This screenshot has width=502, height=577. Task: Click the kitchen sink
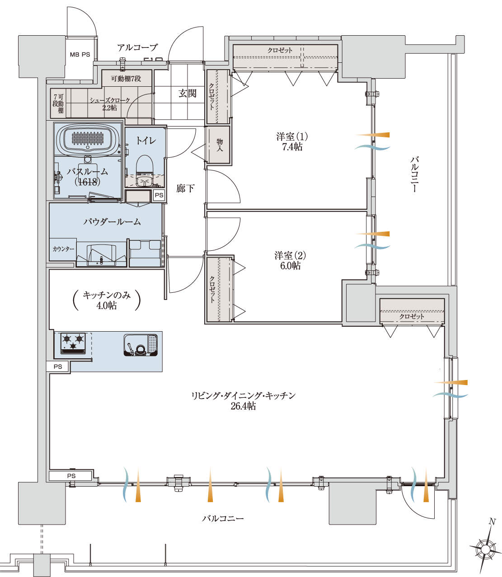pyautogui.click(x=141, y=345)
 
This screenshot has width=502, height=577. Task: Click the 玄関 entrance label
pyautogui.click(x=187, y=94)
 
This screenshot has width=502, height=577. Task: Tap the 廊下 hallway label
pyautogui.click(x=185, y=188)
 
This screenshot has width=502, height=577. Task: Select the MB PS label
pyautogui.click(x=80, y=55)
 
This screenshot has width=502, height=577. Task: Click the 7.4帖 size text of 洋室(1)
pyautogui.click(x=292, y=147)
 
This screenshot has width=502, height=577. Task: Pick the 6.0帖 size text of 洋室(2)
pyautogui.click(x=290, y=266)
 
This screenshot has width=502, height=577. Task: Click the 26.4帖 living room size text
pyautogui.click(x=243, y=406)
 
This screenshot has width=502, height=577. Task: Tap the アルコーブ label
pyautogui.click(x=137, y=47)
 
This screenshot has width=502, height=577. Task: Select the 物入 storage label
pyautogui.click(x=220, y=145)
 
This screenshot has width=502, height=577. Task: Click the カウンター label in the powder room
pyautogui.click(x=63, y=249)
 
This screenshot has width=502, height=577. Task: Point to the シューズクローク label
pyautogui.click(x=110, y=100)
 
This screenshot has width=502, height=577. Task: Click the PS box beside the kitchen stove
pyautogui.click(x=58, y=366)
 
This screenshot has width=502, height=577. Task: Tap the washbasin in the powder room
pyautogui.click(x=102, y=255)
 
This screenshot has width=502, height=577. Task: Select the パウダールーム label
pyautogui.click(x=112, y=222)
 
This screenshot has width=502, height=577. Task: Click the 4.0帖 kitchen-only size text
pyautogui.click(x=106, y=306)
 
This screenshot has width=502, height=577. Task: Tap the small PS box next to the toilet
pyautogui.click(x=159, y=195)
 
